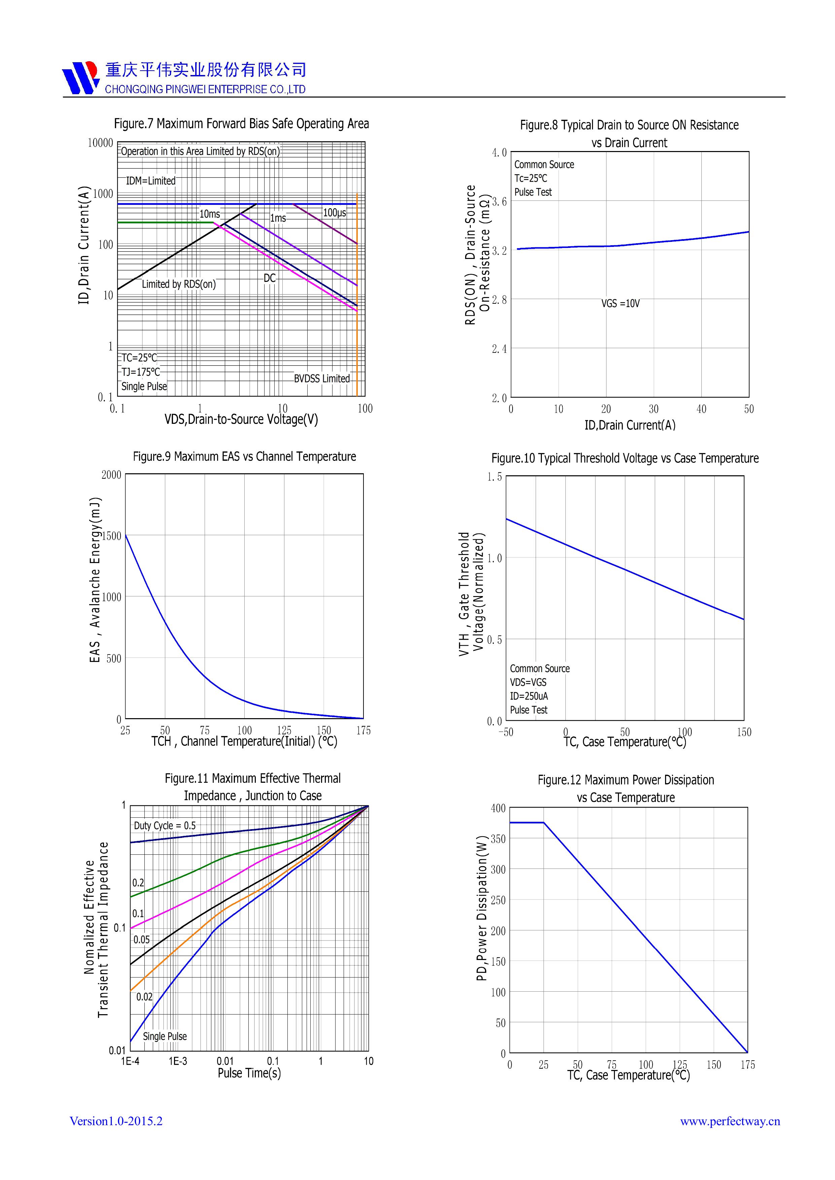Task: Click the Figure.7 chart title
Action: pos(241,124)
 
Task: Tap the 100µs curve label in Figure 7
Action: pos(334,213)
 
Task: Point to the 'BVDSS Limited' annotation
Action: pos(322,379)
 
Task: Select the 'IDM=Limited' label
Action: pos(151,181)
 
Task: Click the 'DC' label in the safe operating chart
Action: pos(270,278)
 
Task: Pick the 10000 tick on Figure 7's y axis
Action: pos(100,143)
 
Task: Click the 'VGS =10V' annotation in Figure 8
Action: pos(621,304)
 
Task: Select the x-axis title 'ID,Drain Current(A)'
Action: pos(630,425)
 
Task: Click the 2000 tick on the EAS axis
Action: pos(111,475)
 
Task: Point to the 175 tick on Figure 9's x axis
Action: pos(363,730)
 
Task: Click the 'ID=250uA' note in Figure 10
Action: pos(528,696)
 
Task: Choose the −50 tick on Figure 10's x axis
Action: pos(506,732)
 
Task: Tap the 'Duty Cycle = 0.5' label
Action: pos(165,826)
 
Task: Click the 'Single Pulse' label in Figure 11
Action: pos(165,1037)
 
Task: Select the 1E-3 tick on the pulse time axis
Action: pos(178,1061)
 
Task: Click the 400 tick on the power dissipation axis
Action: pos(498,808)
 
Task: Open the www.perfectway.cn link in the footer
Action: pos(730,1121)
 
